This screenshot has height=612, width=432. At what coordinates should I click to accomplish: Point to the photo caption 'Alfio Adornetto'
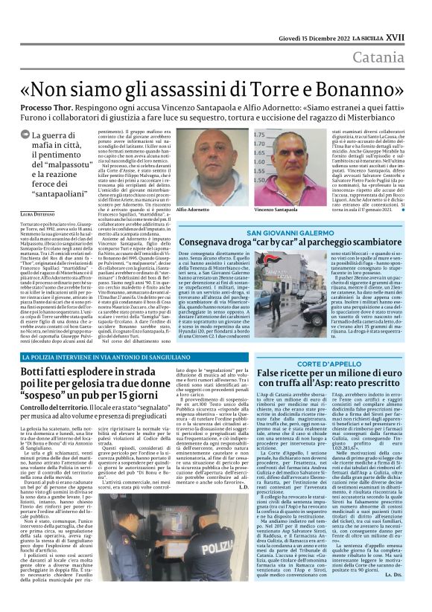(193, 210)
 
